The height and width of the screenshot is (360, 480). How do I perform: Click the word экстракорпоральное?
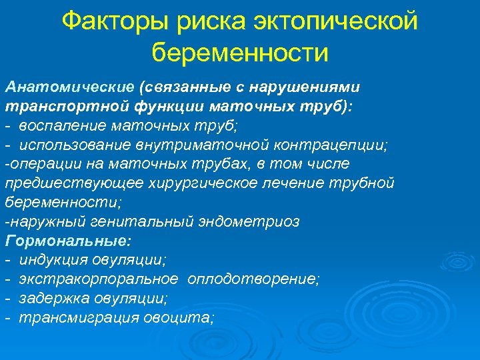tap(99, 279)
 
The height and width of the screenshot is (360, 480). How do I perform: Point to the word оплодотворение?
tap(253, 279)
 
